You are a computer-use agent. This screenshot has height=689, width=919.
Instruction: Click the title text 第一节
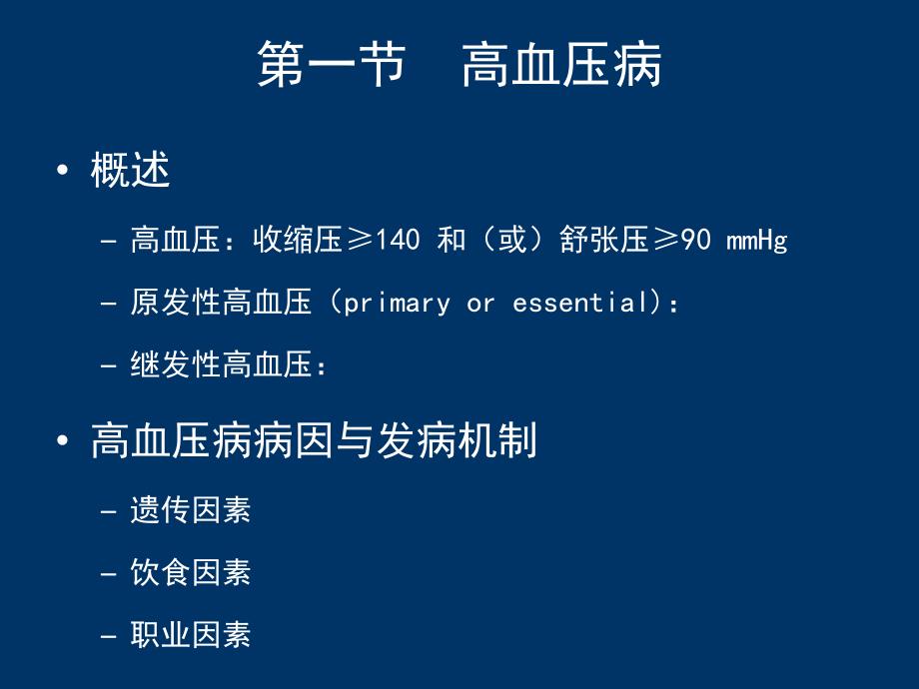coord(331,65)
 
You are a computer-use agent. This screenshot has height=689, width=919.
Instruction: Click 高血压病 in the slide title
coord(561,65)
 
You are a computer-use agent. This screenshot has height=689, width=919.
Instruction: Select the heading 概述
coord(130,170)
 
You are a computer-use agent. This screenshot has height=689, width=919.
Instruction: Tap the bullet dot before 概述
coord(64,171)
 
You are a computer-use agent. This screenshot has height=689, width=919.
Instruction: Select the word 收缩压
coord(298,241)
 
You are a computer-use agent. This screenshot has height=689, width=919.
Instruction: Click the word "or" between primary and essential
coord(480,304)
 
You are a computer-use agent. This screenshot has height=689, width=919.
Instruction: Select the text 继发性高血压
coord(221,365)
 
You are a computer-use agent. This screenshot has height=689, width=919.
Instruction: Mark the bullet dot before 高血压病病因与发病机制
coord(64,441)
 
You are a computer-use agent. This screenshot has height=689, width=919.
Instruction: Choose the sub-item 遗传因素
coord(190,510)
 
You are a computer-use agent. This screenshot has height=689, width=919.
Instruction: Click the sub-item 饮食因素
coord(190,572)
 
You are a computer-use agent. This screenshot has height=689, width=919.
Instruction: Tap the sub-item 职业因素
coord(190,634)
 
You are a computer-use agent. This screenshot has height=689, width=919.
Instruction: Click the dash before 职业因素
coord(109,635)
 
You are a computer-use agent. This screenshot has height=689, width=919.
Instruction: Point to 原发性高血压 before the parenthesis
coord(221,303)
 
